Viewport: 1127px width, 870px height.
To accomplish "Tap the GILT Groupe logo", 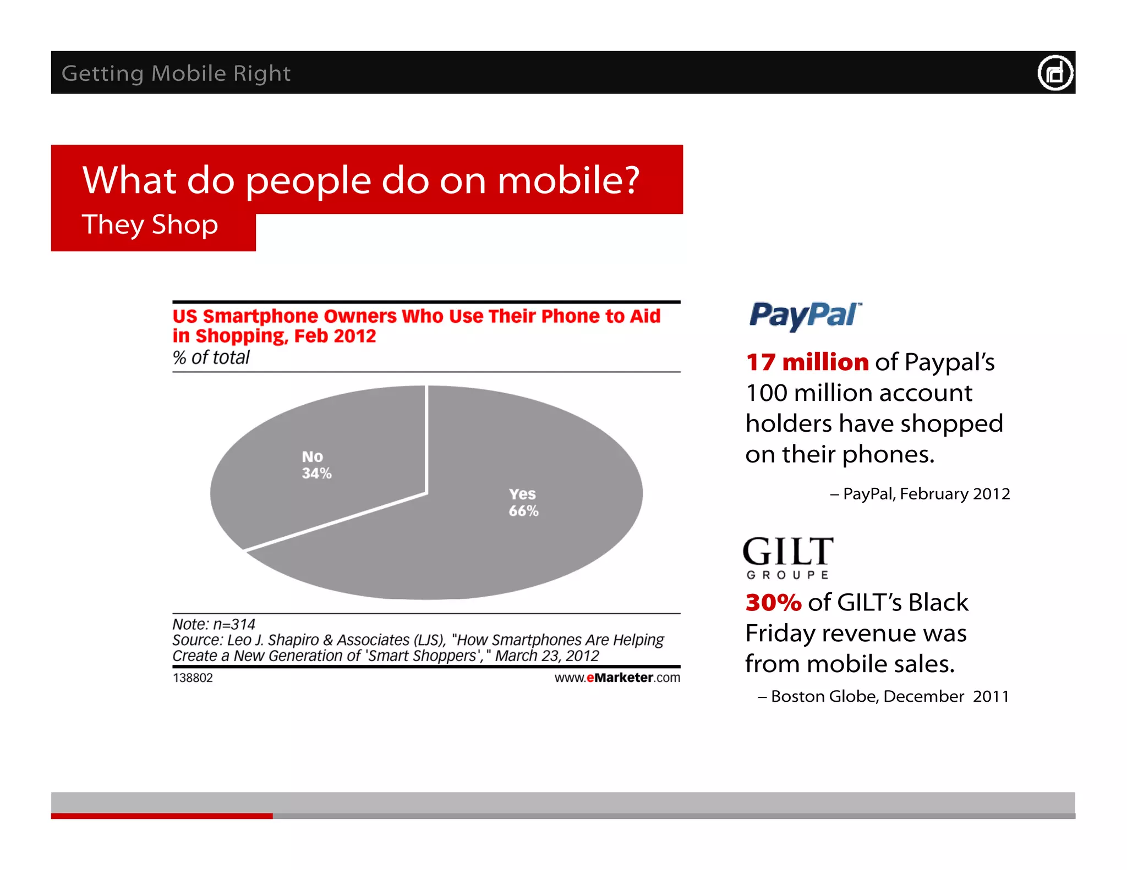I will click(x=787, y=557).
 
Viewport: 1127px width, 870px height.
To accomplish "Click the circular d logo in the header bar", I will click(x=1054, y=73).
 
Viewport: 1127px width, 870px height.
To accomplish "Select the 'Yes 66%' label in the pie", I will click(x=523, y=502).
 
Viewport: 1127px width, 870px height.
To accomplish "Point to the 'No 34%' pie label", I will click(x=316, y=465).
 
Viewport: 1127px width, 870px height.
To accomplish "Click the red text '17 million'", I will click(x=807, y=362).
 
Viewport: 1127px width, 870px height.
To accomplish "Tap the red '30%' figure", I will click(x=773, y=603).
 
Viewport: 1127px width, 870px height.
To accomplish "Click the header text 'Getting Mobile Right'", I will click(x=176, y=74).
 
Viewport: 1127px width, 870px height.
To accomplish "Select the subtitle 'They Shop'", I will click(x=150, y=225).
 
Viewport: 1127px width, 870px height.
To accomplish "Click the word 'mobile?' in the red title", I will click(x=568, y=180).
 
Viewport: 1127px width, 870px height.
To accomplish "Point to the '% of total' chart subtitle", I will click(x=211, y=357).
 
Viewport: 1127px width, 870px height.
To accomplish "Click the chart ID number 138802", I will click(x=193, y=678).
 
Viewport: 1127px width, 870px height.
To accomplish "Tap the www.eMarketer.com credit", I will click(x=617, y=678).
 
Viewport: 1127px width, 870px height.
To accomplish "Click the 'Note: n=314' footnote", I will click(x=214, y=624).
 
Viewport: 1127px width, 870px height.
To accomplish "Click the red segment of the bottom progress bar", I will click(x=162, y=816).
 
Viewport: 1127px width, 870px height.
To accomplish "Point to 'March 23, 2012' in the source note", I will click(x=546, y=656).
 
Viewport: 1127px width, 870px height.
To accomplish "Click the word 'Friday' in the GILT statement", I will click(x=780, y=634).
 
